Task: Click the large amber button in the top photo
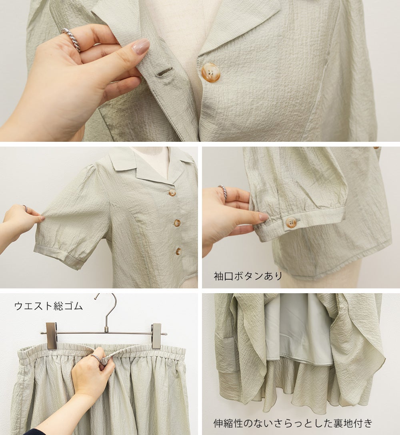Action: click(210, 73)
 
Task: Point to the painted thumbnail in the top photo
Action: click(140, 46)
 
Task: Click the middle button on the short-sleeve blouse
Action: click(177, 222)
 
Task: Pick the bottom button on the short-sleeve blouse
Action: click(178, 251)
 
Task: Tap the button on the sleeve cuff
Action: click(291, 222)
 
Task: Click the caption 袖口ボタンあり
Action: click(248, 276)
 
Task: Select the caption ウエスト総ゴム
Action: click(49, 306)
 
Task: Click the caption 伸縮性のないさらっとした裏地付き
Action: click(293, 423)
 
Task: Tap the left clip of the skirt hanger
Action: click(52, 336)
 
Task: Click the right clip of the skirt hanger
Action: click(157, 336)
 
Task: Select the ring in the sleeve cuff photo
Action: click(223, 192)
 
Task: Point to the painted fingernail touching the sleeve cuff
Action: click(264, 217)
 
